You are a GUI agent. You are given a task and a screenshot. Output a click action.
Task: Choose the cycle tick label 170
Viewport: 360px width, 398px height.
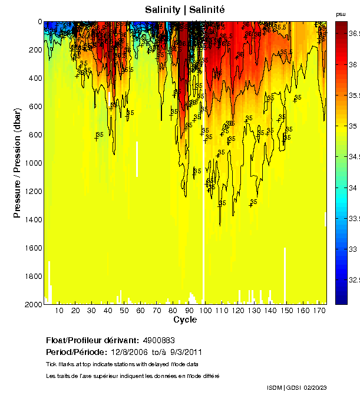click(x=319, y=311)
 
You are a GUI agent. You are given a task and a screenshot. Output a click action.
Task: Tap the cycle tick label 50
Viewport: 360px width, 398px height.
click(x=124, y=311)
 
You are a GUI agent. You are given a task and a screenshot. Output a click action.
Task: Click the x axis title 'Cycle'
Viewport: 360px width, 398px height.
click(x=185, y=320)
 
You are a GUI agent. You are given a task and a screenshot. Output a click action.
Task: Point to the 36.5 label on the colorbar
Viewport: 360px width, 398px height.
click(x=353, y=34)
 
